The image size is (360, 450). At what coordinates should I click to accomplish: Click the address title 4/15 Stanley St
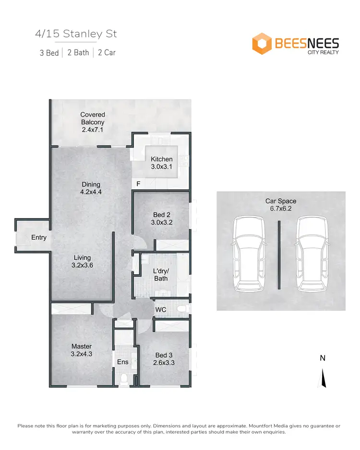[76, 34]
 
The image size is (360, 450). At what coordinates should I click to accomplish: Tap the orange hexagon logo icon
[262, 43]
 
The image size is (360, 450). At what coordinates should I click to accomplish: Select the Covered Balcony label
[93, 122]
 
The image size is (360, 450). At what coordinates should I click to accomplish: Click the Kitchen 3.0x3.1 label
[161, 163]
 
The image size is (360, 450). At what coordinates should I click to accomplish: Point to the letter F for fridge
[138, 183]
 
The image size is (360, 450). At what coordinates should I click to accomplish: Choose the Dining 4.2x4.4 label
[91, 188]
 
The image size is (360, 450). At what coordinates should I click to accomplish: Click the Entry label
[39, 237]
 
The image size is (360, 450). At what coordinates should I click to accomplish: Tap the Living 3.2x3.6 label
[82, 262]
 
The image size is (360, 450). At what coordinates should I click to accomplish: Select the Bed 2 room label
[161, 219]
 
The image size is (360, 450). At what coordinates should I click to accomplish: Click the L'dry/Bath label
[160, 275]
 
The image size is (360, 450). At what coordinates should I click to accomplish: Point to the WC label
[160, 310]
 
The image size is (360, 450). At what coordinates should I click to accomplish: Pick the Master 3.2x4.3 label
[81, 350]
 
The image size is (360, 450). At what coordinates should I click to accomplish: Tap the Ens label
[122, 362]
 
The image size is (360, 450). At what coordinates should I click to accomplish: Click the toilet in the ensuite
[124, 379]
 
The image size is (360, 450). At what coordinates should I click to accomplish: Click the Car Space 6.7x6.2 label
[281, 205]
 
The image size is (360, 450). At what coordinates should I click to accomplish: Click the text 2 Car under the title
[107, 53]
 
